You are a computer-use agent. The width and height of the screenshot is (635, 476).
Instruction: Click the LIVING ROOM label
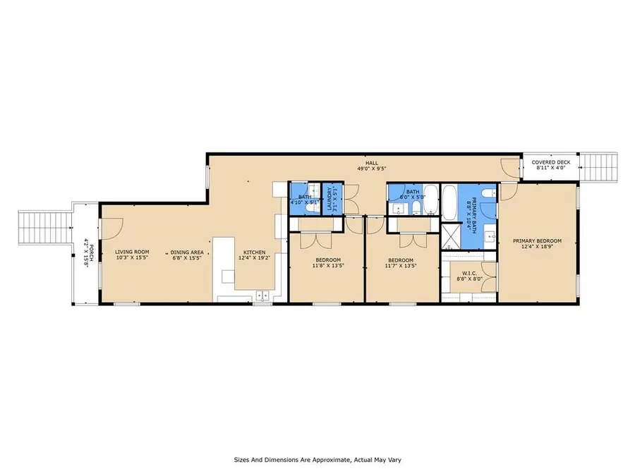pyautogui.click(x=133, y=252)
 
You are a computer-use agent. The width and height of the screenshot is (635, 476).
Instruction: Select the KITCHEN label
pyautogui.click(x=254, y=252)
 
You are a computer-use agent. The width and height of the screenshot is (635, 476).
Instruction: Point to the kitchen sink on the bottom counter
pyautogui.click(x=263, y=296)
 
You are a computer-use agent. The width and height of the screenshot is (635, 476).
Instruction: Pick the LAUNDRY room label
pyautogui.click(x=329, y=200)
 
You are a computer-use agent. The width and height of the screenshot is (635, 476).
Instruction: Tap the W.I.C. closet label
pyautogui.click(x=464, y=274)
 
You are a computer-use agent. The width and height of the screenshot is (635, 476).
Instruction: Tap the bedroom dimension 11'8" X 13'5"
pyautogui.click(x=327, y=267)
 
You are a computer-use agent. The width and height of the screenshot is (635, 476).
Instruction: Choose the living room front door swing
pyautogui.click(x=114, y=227)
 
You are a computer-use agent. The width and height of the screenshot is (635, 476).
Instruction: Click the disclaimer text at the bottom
pyautogui.click(x=317, y=459)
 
